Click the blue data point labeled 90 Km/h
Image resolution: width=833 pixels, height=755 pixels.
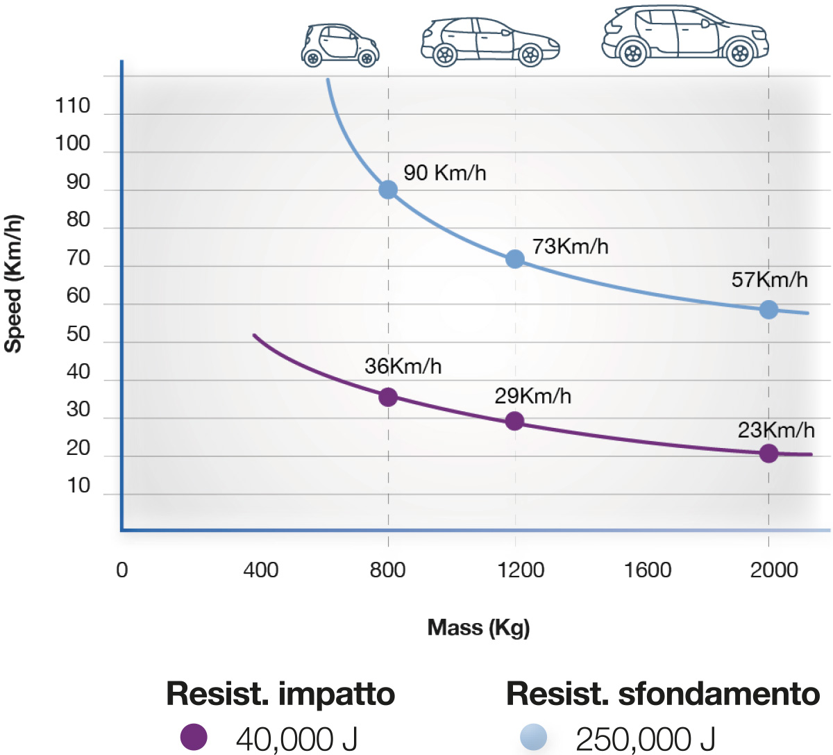(x=388, y=190)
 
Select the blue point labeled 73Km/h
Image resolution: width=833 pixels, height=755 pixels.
(x=514, y=259)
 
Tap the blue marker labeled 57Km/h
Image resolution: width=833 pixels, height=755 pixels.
(x=768, y=309)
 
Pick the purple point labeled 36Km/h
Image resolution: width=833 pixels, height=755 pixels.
(x=388, y=397)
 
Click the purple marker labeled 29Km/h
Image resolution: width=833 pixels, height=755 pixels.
(x=514, y=421)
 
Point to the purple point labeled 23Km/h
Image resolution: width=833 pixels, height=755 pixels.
(x=768, y=454)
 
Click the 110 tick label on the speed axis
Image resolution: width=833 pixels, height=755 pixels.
(x=73, y=106)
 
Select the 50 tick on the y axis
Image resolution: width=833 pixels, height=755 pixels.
(x=78, y=334)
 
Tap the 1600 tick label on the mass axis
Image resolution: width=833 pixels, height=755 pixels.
(x=647, y=570)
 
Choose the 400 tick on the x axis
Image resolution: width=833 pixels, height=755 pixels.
(x=261, y=570)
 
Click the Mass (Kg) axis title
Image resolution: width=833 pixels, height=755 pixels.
(x=478, y=628)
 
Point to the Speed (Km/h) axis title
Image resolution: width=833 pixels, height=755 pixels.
(x=14, y=284)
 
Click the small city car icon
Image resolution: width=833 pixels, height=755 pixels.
(x=340, y=45)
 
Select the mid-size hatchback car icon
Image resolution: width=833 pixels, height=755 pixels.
(x=490, y=42)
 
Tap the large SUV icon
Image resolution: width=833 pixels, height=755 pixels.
(x=684, y=36)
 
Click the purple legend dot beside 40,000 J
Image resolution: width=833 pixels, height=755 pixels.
(x=194, y=737)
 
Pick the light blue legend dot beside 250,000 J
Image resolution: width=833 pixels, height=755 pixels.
(x=533, y=737)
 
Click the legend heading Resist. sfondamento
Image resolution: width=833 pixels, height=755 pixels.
(x=663, y=694)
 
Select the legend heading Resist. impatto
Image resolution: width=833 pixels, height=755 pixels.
(x=280, y=694)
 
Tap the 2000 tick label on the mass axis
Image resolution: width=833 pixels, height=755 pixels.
(x=774, y=570)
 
